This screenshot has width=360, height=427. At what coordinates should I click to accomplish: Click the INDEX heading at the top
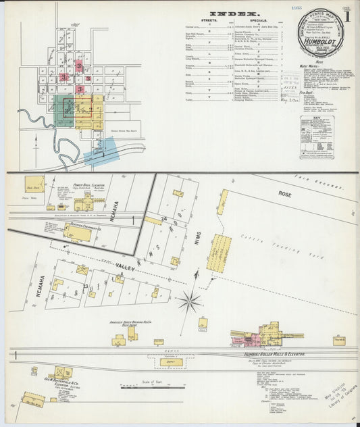225,13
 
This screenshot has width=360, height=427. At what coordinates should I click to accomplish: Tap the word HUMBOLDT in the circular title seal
322,42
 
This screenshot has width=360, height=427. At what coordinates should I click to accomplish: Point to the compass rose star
190,302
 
